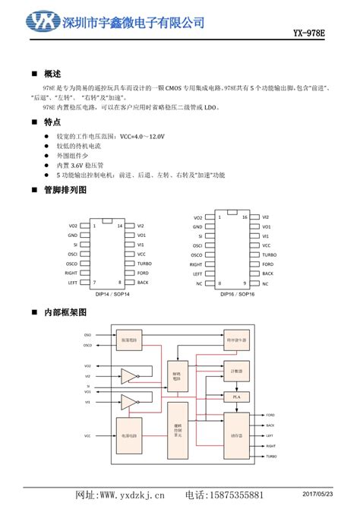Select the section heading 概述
[x=52, y=74]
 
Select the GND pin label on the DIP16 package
[x=197, y=226]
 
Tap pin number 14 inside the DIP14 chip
[x=119, y=226]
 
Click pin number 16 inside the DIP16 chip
[x=244, y=217]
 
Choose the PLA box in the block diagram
[x=235, y=397]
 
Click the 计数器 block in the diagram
[x=235, y=371]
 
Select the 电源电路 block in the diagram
[x=129, y=436]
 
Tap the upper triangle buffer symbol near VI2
[x=129, y=376]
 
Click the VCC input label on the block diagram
[x=87, y=436]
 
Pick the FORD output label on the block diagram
[x=270, y=415]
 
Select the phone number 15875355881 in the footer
[x=236, y=496]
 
